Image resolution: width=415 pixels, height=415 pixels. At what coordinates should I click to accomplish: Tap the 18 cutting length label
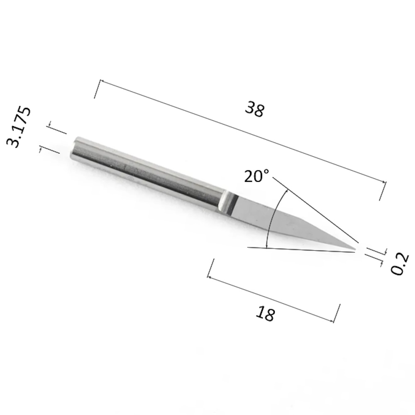coord(265,314)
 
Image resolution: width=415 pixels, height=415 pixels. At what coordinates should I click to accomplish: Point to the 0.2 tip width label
coord(400,264)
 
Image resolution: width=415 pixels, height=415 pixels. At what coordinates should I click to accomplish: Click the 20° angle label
coord(256,176)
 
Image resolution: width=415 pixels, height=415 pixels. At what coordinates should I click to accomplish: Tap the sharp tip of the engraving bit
coord(356,249)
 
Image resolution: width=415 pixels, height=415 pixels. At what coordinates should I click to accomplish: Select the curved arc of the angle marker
coord(274,217)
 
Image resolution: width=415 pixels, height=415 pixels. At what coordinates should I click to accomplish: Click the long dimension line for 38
coord(243,131)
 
